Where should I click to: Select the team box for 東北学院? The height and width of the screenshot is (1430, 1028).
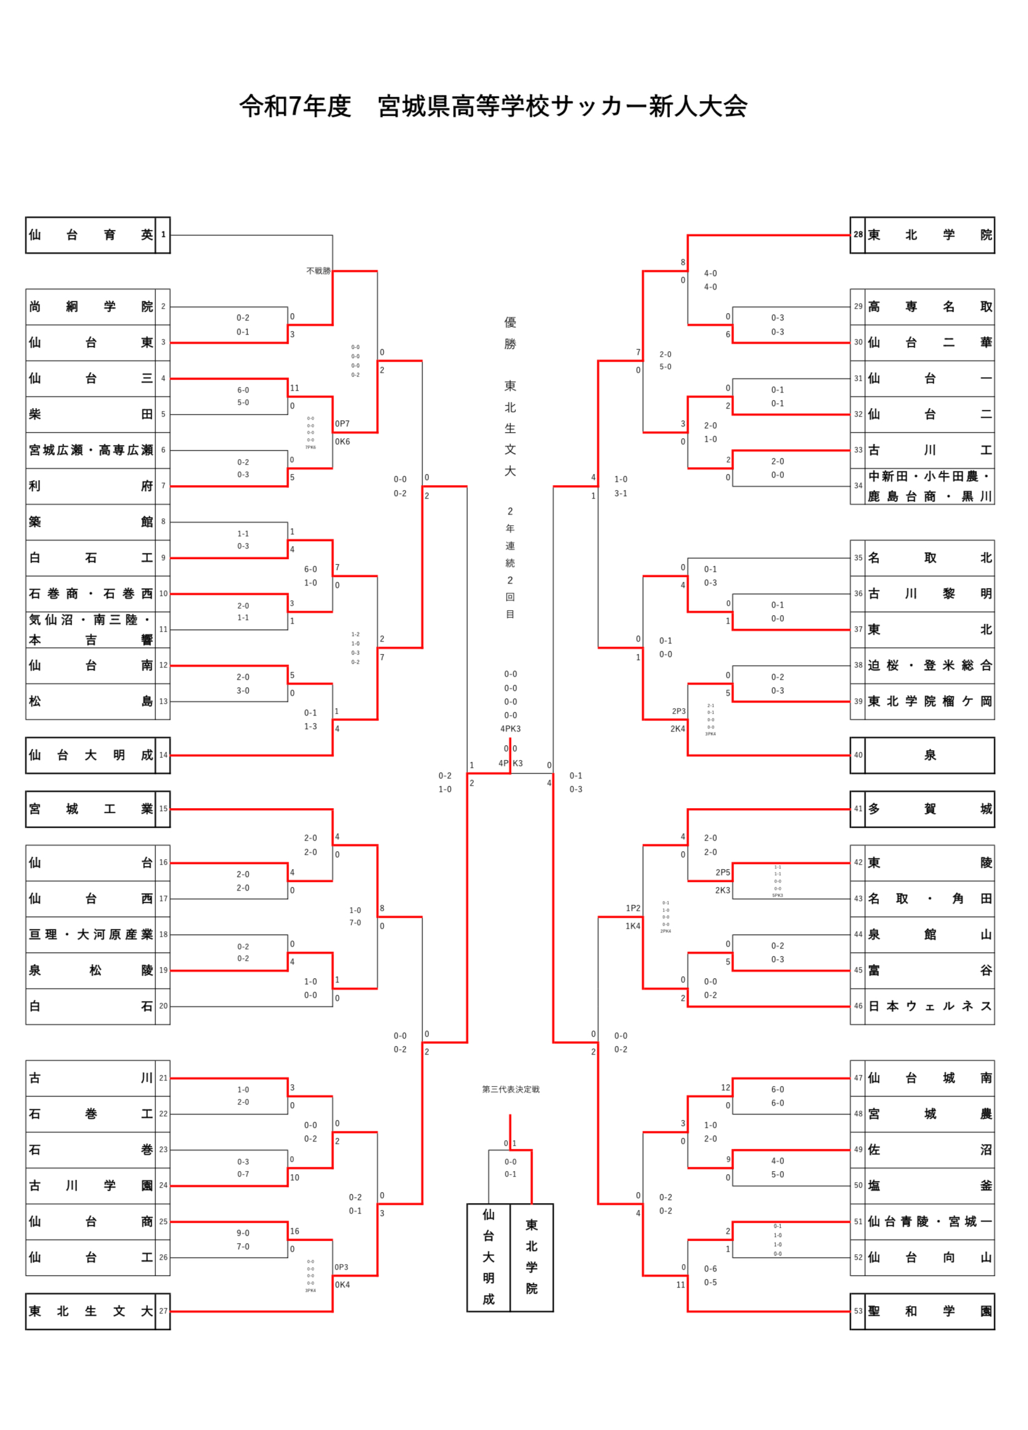tap(929, 235)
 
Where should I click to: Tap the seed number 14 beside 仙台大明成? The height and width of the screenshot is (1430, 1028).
tap(163, 754)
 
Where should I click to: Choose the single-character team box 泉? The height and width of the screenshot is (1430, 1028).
tap(929, 754)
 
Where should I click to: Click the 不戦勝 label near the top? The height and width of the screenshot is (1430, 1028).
tap(318, 271)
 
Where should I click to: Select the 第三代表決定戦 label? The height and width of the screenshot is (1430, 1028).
tap(510, 1089)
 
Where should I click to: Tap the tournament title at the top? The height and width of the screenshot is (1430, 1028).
tap(493, 106)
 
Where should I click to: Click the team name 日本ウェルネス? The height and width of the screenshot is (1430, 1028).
tap(929, 1006)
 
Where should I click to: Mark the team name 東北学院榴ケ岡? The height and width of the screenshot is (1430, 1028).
tap(929, 701)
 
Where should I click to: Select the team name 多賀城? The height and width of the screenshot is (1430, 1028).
tap(929, 809)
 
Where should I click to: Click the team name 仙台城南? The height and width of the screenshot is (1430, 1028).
tap(929, 1078)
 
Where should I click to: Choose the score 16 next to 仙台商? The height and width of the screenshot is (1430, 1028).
tap(295, 1231)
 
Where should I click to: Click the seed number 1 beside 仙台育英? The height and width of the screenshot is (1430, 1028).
tap(163, 235)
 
